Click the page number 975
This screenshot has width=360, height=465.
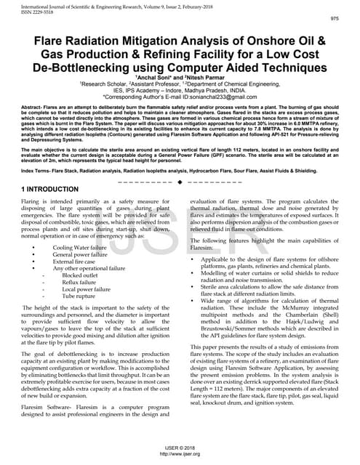point(334,19)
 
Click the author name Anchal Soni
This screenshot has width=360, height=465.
point(153,76)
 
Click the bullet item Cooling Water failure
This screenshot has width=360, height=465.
point(83,247)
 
